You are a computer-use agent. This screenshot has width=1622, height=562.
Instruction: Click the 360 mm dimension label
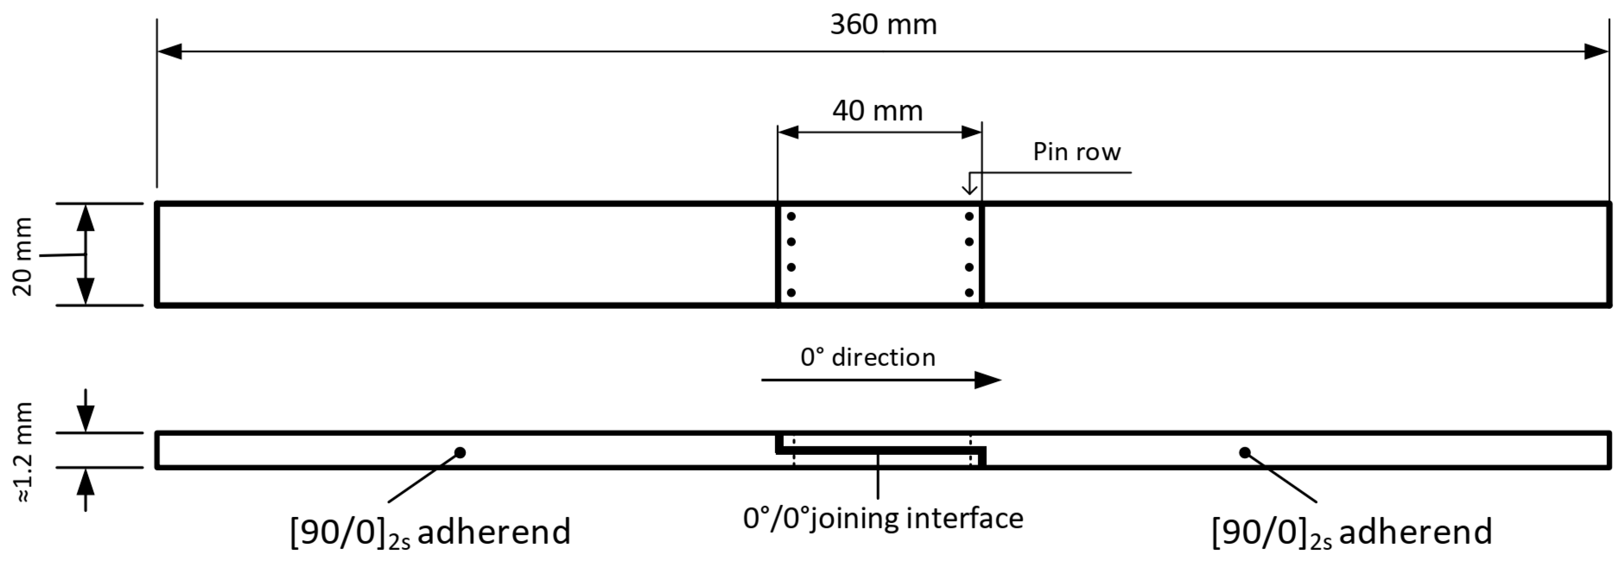(883, 25)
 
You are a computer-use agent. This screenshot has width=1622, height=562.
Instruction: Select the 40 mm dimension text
(877, 111)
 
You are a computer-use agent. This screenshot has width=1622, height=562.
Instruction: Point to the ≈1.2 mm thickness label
(23, 452)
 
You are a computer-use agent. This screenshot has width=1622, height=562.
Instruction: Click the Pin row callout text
(1077, 152)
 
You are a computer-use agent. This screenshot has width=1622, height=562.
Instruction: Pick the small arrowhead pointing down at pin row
(970, 189)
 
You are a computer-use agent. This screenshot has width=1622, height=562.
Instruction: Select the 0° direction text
(868, 357)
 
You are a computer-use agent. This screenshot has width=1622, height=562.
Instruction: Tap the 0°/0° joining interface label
(883, 518)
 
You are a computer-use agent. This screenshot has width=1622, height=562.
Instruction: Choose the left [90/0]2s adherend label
(430, 532)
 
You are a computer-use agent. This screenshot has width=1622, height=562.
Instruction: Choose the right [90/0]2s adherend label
(1352, 532)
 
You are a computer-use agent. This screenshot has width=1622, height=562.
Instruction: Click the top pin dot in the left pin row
(791, 216)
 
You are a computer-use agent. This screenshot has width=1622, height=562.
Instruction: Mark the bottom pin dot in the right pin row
(969, 293)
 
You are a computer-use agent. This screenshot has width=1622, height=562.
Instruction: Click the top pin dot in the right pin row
(969, 216)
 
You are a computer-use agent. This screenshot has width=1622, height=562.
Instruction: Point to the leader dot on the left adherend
(460, 452)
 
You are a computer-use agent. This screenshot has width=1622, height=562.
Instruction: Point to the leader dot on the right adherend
(1244, 452)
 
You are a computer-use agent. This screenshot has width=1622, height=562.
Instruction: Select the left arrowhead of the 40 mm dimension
(788, 132)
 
